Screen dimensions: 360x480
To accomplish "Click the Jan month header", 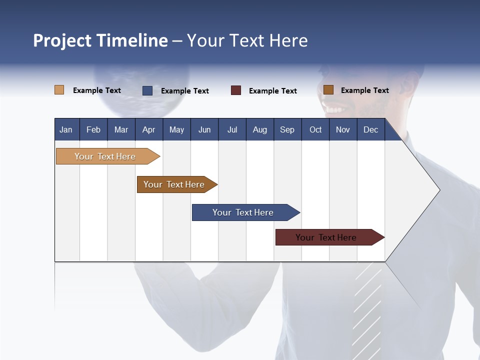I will [66, 129].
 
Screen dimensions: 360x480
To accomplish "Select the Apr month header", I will [148, 129].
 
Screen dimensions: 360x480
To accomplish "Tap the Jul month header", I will [232, 129].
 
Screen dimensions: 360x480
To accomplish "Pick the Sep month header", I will [287, 129].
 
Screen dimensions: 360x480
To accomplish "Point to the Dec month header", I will [370, 129].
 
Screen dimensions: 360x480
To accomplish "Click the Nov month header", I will [342, 129].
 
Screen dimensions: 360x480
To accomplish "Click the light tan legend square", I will [59, 90].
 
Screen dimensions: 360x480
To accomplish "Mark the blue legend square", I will [147, 90].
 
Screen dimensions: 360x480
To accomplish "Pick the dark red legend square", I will [236, 90].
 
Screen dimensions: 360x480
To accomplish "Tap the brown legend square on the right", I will [328, 89].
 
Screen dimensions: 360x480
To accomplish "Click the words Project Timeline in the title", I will [100, 40].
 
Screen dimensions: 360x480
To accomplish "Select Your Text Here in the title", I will [247, 40].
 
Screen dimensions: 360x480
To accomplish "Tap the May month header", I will [176, 129].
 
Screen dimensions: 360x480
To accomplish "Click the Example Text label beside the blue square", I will [184, 90].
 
